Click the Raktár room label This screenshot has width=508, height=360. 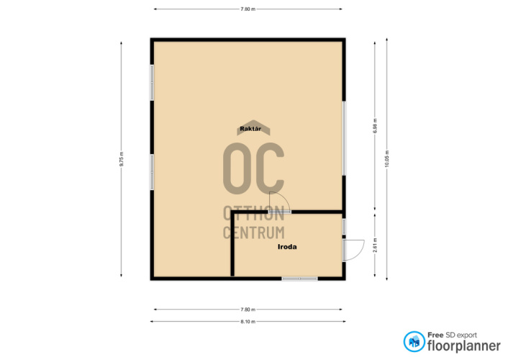click(x=250, y=129)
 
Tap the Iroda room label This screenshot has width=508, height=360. click(x=287, y=247)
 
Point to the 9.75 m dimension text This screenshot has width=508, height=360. click(x=121, y=159)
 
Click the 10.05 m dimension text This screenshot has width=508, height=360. click(x=387, y=159)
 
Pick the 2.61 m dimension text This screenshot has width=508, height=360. click(x=375, y=246)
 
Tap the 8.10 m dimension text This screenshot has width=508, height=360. click(x=248, y=322)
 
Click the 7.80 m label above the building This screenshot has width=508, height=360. click(x=248, y=9)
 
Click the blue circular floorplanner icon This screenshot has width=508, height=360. click(x=414, y=341)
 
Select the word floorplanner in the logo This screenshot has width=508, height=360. click(x=464, y=346)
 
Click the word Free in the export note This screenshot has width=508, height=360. click(x=435, y=335)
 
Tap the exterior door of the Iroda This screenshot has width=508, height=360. click(x=353, y=250)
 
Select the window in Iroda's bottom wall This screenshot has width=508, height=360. click(x=299, y=279)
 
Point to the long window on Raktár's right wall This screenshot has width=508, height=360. click(x=344, y=138)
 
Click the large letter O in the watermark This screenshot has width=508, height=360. click(x=237, y=168)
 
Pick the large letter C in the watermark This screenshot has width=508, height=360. click(x=270, y=168)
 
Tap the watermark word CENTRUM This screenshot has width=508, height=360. click(x=254, y=233)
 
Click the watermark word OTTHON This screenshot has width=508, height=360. click(x=254, y=213)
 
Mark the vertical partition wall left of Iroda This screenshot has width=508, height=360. click(x=232, y=245)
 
